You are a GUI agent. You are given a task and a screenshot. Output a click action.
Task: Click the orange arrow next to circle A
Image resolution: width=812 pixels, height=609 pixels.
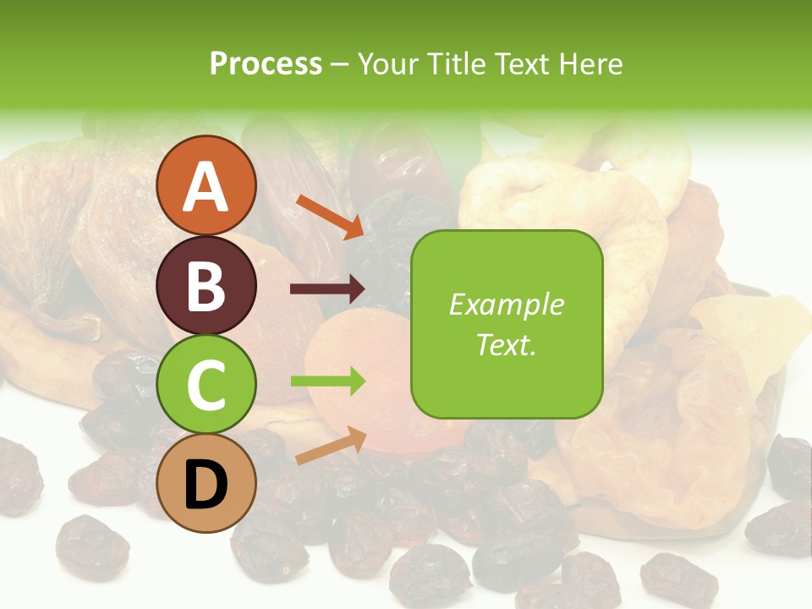330,217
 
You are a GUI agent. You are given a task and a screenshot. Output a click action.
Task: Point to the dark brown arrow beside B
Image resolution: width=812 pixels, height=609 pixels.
327,289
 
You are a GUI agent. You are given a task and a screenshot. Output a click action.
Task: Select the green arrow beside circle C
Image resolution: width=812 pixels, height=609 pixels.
327,381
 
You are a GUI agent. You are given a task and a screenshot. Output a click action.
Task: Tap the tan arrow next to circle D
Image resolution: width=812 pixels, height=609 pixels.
330,447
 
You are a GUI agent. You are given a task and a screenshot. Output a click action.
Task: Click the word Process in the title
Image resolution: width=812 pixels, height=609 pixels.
266,63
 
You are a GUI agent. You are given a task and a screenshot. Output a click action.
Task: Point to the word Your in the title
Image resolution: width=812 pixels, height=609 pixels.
390,63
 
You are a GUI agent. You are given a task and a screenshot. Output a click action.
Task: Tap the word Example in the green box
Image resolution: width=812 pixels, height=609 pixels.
506,304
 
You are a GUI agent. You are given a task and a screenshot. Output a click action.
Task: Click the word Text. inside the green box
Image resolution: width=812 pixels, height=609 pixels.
506,344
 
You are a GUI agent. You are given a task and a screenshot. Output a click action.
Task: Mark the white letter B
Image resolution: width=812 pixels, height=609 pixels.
206,286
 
